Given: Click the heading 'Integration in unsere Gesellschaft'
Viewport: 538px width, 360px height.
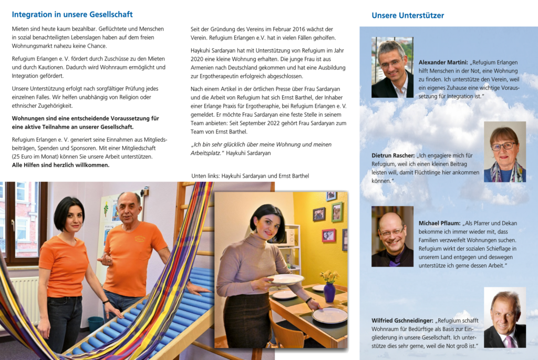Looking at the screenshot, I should tap(72, 15).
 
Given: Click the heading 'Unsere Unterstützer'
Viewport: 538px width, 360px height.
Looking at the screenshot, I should tap(407, 15).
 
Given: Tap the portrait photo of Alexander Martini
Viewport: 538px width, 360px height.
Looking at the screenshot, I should tap(392, 67).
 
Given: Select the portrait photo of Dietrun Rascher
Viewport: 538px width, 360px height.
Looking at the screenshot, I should tap(504, 152).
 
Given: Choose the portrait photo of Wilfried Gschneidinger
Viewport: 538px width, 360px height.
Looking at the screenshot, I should tap(504, 317).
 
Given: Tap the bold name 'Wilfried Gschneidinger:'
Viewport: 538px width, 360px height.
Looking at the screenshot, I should tap(402, 320).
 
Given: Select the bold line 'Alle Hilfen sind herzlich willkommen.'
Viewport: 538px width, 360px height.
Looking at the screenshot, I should tap(60, 165).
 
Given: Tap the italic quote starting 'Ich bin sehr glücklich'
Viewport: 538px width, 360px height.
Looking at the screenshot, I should tap(261, 148).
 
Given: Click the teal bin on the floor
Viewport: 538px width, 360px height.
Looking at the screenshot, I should tap(95, 324).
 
